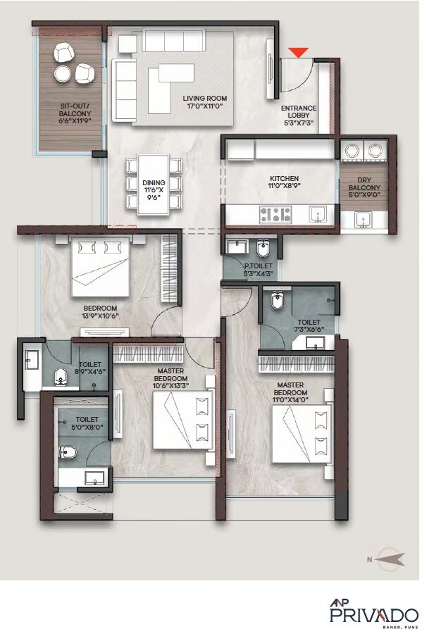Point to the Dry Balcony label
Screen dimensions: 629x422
(364, 192)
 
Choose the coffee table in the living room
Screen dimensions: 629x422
(175, 73)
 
